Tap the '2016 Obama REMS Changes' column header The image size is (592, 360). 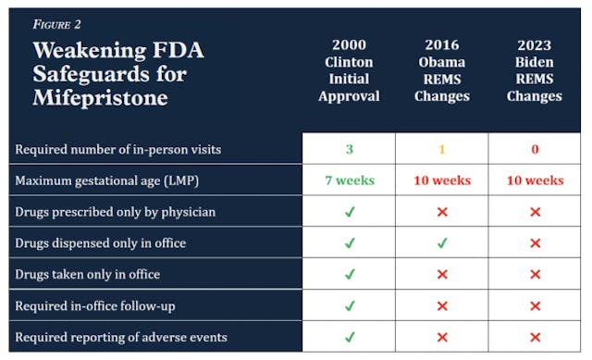point(441,70)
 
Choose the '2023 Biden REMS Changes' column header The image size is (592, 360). point(534,70)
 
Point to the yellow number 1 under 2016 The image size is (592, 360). point(441,149)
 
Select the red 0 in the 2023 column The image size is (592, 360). point(534,149)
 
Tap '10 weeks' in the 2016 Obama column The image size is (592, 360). point(441,180)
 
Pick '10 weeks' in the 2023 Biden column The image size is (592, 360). point(534,180)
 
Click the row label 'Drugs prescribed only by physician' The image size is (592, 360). point(116,212)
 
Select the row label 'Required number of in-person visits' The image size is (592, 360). point(118,149)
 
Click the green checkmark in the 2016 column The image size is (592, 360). point(441,243)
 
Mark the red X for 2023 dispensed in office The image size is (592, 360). point(534,243)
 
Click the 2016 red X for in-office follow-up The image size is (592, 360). point(441,305)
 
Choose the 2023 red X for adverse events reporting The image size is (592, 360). point(534,336)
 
